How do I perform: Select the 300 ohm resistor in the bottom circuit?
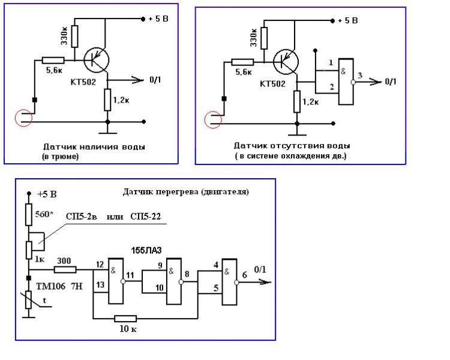point(65,269)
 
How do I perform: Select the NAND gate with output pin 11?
point(116,280)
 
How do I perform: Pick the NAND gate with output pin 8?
point(174,277)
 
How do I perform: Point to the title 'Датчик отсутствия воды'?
point(292,146)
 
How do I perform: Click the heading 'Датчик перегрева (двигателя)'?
point(185,192)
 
